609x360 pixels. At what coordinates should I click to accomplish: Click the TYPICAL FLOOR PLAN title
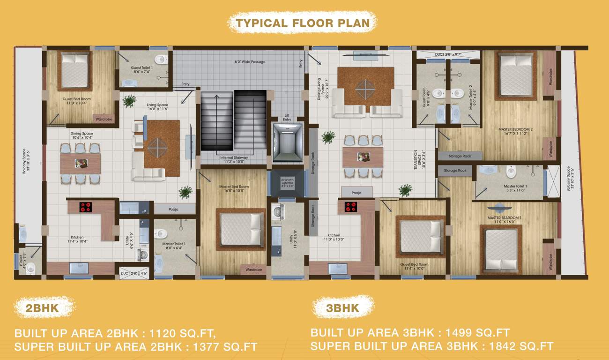point(303,23)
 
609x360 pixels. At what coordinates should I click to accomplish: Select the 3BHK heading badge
point(342,307)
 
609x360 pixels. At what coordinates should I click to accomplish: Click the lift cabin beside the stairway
point(287,142)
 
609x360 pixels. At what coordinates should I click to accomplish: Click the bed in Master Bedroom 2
point(515,75)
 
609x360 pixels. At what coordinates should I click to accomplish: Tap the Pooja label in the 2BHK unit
point(174,208)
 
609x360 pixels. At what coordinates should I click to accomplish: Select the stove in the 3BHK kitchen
point(351,207)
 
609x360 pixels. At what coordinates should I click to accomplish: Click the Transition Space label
point(418,159)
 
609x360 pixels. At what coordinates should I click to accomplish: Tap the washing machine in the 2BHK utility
point(143,255)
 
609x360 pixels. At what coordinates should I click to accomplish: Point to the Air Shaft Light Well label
point(287,182)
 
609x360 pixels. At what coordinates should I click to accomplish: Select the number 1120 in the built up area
point(164,334)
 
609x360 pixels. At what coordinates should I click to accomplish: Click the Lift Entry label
point(287,117)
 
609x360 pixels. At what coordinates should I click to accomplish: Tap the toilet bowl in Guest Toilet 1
point(161,60)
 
